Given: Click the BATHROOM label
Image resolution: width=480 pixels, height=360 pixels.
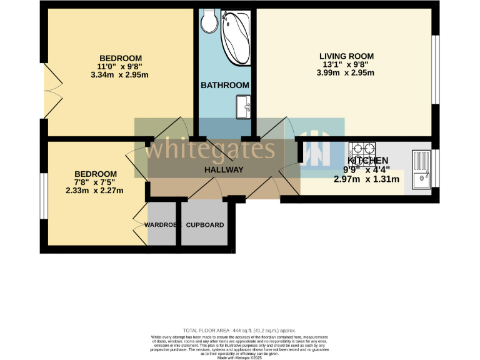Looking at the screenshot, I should coord(225,85).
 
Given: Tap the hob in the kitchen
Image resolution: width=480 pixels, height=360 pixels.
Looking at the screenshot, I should coord(361,151).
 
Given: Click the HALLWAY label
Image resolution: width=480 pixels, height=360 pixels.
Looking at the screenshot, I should coord(223,169).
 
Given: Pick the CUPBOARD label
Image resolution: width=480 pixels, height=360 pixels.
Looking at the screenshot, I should coord(205,225).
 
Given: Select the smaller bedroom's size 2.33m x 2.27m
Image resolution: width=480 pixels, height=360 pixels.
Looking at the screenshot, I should coord(95,191).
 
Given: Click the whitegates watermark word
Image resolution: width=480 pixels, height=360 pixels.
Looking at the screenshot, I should coord(213,149).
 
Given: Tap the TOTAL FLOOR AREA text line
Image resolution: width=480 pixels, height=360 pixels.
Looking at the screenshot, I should coord(239,330).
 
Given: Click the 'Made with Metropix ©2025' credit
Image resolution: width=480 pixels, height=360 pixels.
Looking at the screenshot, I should coord(239,356).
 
